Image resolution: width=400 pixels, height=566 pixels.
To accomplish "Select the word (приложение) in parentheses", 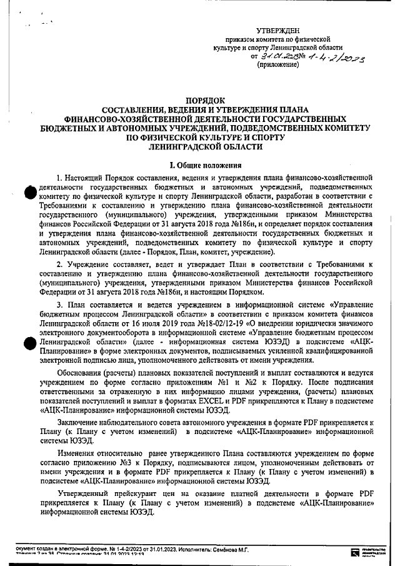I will point(278,64).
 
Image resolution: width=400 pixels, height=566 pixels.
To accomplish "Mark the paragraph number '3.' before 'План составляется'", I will point(59,304).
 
